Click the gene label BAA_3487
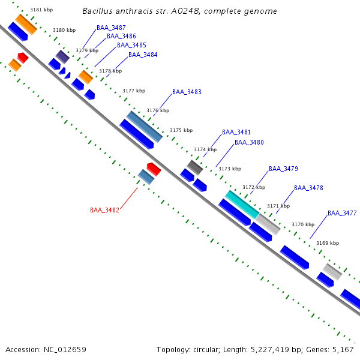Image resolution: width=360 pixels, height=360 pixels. [111, 28]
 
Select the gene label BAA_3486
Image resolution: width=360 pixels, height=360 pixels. [121, 36]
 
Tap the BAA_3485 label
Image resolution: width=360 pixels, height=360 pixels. [131, 45]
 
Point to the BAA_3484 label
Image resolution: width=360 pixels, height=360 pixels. [143, 55]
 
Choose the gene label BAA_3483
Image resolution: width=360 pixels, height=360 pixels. [187, 92]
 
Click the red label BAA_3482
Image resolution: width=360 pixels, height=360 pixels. [104, 210]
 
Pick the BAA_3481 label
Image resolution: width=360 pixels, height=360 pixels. [236, 132]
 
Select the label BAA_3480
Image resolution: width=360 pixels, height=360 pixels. [249, 142]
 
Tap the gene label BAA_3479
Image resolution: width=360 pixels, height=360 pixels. [283, 169]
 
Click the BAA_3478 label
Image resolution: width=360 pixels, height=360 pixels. [308, 188]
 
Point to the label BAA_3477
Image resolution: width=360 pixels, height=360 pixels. [342, 213]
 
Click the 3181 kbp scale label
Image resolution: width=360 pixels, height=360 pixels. [41, 10]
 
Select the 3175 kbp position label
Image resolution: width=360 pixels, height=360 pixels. [181, 130]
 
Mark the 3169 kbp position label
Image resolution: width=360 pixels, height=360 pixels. [328, 243]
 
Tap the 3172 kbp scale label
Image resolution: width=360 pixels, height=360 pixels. [253, 187]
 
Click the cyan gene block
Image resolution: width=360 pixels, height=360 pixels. [242, 204]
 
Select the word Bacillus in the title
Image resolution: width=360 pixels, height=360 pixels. [98, 11]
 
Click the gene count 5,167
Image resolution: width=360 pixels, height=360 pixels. [343, 349]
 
